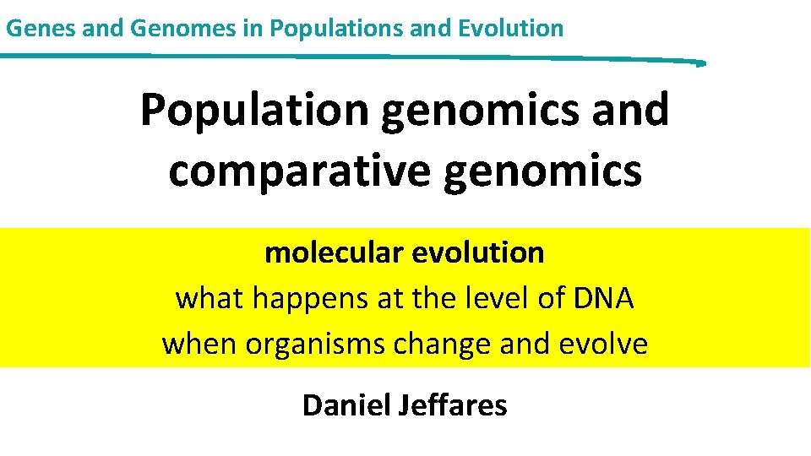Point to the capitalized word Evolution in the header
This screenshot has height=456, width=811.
[510, 28]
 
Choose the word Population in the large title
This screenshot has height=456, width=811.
[255, 111]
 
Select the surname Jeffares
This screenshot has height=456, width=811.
[453, 405]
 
